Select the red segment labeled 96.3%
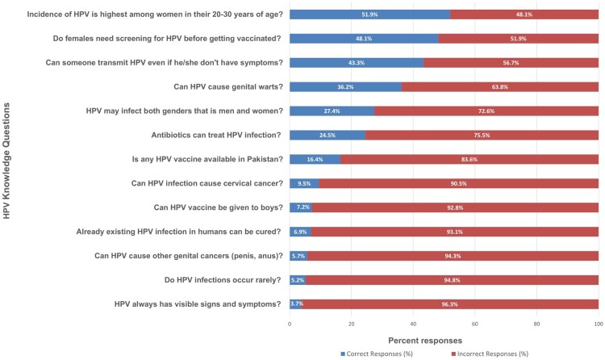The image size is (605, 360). pos(450,304)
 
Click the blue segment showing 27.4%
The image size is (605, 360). pos(332,111)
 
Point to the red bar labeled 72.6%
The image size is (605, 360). pos(486,111)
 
